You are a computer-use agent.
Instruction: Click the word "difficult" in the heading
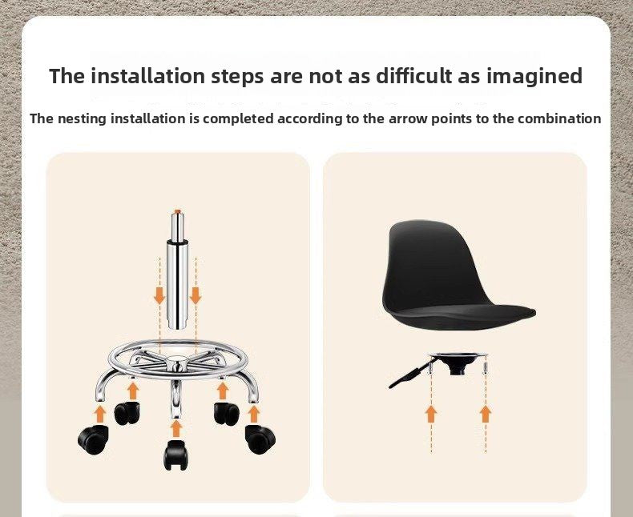(414, 75)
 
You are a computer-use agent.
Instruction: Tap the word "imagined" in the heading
(534, 77)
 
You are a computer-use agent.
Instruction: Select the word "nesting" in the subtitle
(83, 119)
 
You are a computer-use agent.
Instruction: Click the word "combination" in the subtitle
(559, 118)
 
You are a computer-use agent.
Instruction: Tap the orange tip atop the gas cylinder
(178, 211)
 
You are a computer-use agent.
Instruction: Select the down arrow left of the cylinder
(159, 295)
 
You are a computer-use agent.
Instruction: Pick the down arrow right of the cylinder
(196, 295)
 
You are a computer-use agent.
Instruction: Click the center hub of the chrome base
(177, 363)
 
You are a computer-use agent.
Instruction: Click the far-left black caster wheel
(93, 439)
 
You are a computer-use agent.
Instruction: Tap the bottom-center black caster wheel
(175, 455)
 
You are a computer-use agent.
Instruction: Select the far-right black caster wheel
(260, 439)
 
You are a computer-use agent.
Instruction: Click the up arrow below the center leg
(175, 428)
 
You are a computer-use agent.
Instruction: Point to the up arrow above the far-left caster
(100, 415)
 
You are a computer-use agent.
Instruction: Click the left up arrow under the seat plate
(431, 415)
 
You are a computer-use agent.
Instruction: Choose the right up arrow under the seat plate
(486, 415)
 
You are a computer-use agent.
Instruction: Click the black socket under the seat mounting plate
(458, 367)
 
